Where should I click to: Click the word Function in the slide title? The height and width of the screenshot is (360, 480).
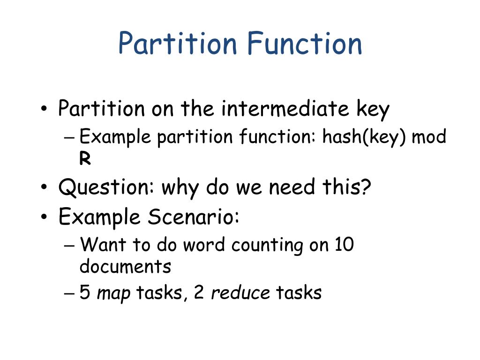pyautogui.click(x=305, y=43)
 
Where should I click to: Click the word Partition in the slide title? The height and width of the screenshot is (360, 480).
pyautogui.click(x=178, y=43)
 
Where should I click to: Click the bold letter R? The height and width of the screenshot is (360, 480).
pyautogui.click(x=85, y=159)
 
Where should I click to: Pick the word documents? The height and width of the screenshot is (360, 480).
pyautogui.click(x=125, y=266)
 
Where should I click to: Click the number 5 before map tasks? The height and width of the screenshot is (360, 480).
pyautogui.click(x=85, y=292)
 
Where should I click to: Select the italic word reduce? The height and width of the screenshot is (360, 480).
pyautogui.click(x=240, y=292)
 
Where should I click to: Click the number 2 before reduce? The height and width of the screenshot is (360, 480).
pyautogui.click(x=198, y=292)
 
